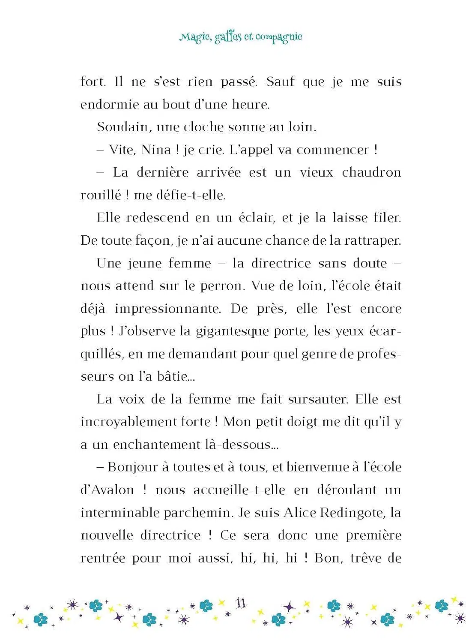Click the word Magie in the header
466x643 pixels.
[195, 37]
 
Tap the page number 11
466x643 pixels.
[241, 603]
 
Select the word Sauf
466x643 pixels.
[281, 81]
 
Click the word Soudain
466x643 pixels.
[123, 127]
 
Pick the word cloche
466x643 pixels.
[203, 127]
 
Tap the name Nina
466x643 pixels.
[156, 150]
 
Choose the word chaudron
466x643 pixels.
[371, 172]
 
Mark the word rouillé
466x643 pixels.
[101, 195]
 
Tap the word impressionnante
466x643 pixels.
[168, 309]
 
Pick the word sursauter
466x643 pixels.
[318, 400]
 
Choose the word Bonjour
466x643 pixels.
[133, 467]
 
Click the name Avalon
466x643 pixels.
[107, 490]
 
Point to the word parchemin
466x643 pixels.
[197, 513]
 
